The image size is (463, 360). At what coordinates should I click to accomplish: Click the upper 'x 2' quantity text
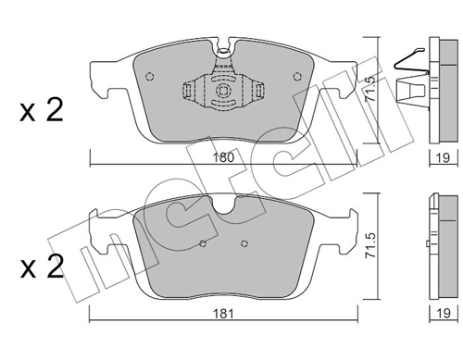[41, 112]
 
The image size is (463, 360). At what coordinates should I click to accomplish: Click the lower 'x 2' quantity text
[41, 271]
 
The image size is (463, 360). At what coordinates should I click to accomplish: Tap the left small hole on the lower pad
[203, 244]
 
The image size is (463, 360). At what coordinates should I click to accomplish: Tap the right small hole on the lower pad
[244, 244]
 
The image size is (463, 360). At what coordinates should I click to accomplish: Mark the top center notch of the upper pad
[221, 46]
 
